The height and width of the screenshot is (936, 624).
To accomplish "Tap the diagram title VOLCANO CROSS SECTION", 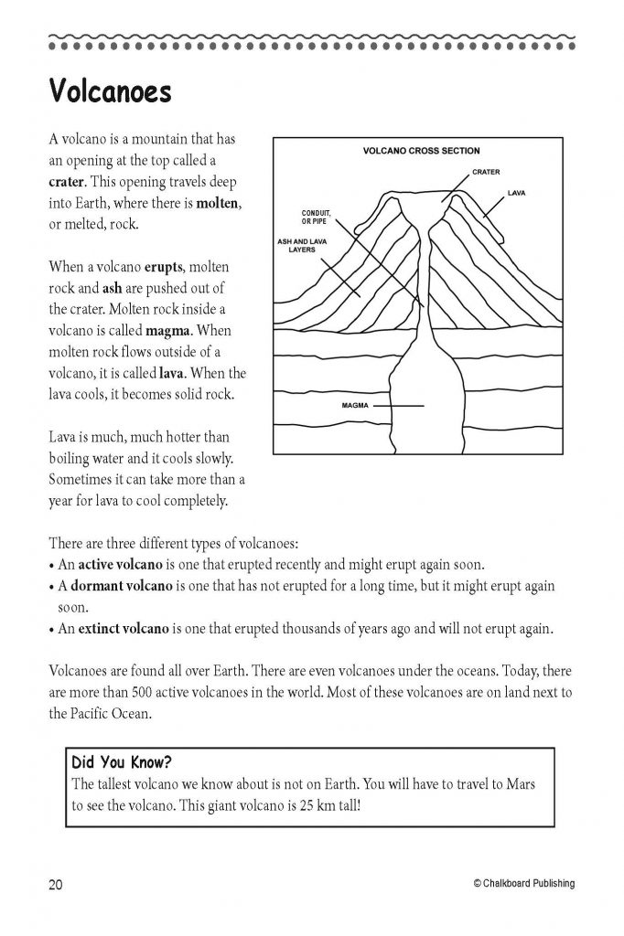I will point(421,151).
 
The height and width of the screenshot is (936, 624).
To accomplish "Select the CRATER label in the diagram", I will point(486,172).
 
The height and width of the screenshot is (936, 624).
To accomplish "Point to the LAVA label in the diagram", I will point(516,194).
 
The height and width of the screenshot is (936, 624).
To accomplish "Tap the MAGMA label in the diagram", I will point(354,404).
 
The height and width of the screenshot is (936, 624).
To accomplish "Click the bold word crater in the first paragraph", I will point(68,182).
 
